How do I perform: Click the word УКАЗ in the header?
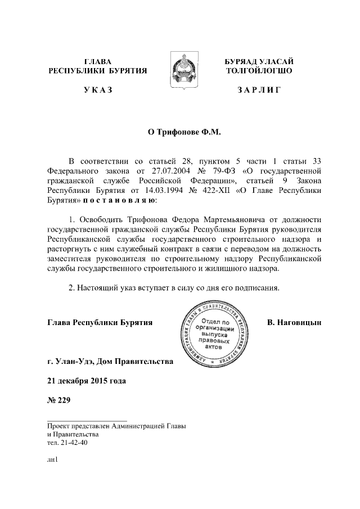(98, 90)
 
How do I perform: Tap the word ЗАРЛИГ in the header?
(259, 90)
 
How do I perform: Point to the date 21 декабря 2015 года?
(87, 381)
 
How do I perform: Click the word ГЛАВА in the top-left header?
(98, 61)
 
